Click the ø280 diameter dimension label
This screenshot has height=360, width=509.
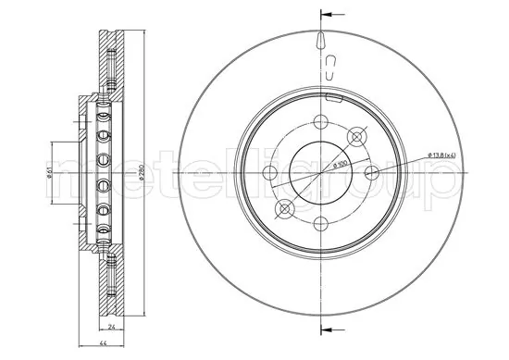tap(138, 172)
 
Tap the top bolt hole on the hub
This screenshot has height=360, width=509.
tap(319, 121)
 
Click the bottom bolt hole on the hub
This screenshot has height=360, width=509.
tap(319, 223)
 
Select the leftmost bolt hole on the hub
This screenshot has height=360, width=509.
tap(269, 172)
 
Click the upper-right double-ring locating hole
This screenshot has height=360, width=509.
tap(356, 136)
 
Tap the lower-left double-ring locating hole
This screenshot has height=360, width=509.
tap(284, 208)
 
